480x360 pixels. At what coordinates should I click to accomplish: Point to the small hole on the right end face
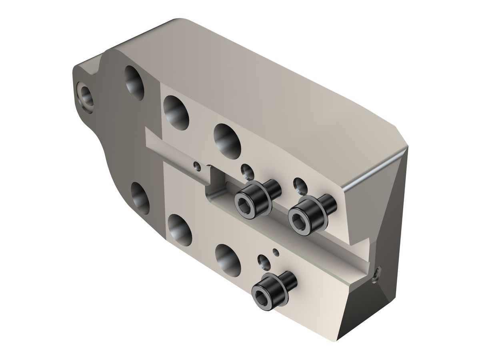point(378,274)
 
